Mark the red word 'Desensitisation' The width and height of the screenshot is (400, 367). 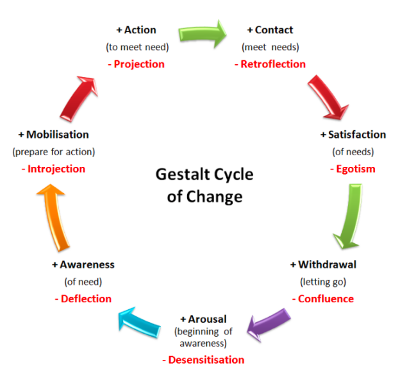(x=203, y=360)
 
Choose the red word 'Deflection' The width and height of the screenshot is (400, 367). (x=83, y=298)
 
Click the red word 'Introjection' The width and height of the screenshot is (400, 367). (x=52, y=169)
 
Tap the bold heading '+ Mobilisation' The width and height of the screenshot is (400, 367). (x=53, y=135)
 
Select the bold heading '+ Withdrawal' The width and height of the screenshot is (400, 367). (x=323, y=264)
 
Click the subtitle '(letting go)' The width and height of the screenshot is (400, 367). (x=323, y=281)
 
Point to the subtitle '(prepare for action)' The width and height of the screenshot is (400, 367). (x=53, y=152)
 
